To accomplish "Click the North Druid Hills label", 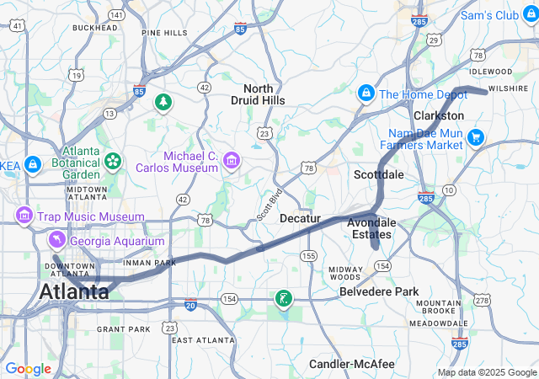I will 264,94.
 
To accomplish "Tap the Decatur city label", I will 300,218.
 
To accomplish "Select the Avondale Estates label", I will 371,228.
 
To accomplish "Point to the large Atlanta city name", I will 74,292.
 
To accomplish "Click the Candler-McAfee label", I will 353,364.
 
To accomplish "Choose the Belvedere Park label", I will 378,291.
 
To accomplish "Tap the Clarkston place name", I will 439,115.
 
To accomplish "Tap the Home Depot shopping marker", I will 366,93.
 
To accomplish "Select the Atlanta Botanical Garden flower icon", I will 113,160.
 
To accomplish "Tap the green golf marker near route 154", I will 284,298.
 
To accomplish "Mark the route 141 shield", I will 116,15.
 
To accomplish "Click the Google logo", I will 29,369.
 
